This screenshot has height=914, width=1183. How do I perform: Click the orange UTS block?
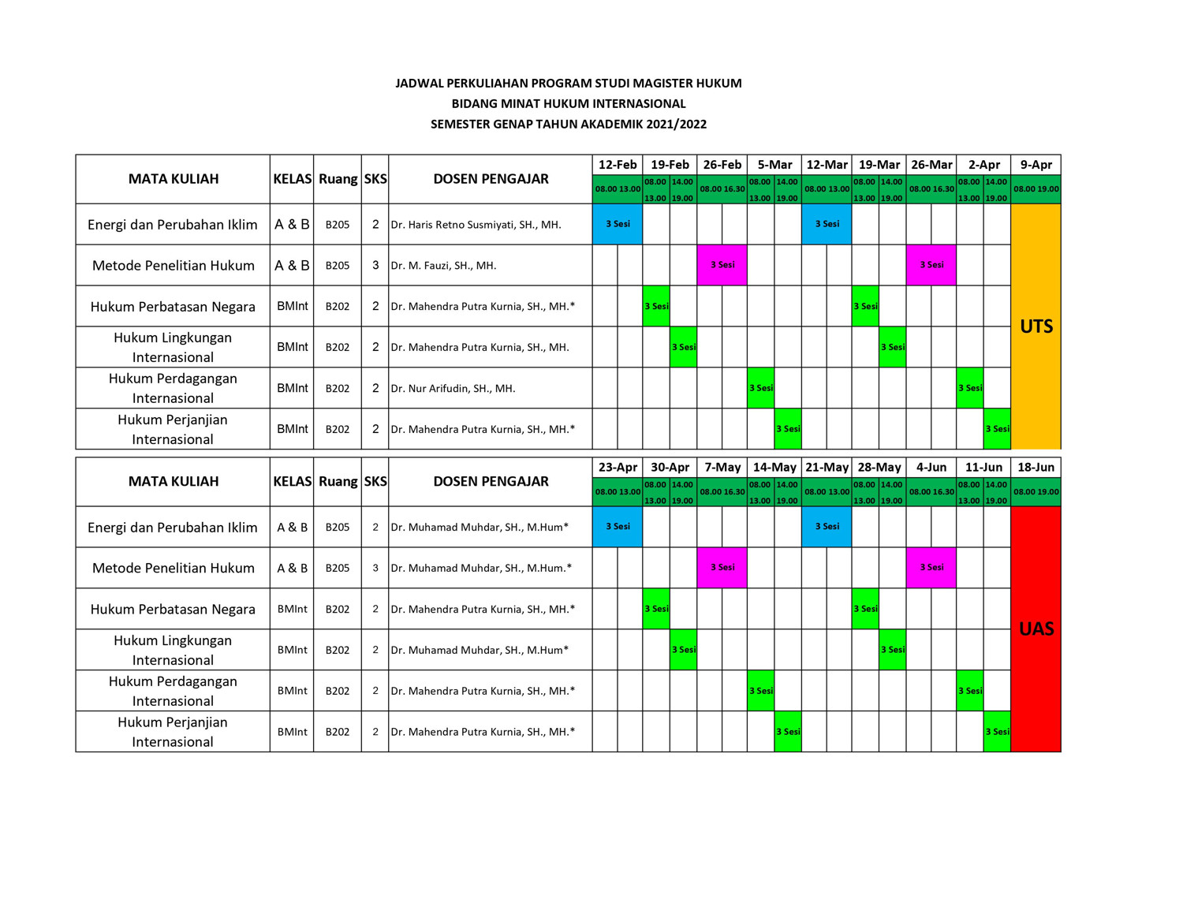click(x=1036, y=326)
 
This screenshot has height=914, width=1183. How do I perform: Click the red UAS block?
click(x=1036, y=629)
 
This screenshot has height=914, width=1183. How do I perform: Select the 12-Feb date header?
click(x=618, y=165)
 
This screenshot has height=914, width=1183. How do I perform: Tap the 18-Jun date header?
click(x=1036, y=468)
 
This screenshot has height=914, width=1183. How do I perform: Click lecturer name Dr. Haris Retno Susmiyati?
click(x=476, y=225)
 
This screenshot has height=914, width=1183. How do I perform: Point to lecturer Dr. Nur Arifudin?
click(x=453, y=388)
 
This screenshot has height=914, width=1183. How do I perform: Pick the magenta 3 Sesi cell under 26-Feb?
click(x=722, y=265)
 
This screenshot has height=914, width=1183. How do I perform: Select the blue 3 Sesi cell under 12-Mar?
click(x=827, y=224)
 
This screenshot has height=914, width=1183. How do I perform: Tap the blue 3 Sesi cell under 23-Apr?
click(x=618, y=527)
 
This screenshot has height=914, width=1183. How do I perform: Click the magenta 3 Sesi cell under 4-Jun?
click(x=931, y=568)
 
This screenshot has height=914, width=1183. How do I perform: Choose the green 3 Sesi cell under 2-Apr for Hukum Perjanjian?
click(x=997, y=429)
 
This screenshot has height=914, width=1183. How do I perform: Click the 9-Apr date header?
click(x=1036, y=165)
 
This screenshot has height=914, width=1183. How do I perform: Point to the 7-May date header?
click(x=722, y=468)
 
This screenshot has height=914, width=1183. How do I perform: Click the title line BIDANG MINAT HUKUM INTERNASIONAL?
click(x=569, y=103)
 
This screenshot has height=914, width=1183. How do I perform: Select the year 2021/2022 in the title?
click(x=676, y=124)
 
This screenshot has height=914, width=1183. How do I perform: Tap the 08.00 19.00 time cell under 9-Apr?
click(x=1036, y=189)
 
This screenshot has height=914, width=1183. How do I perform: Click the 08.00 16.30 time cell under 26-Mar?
click(x=931, y=189)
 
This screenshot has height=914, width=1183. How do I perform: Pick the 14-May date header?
click(x=774, y=468)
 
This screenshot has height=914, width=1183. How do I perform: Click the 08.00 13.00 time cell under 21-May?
click(x=827, y=492)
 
